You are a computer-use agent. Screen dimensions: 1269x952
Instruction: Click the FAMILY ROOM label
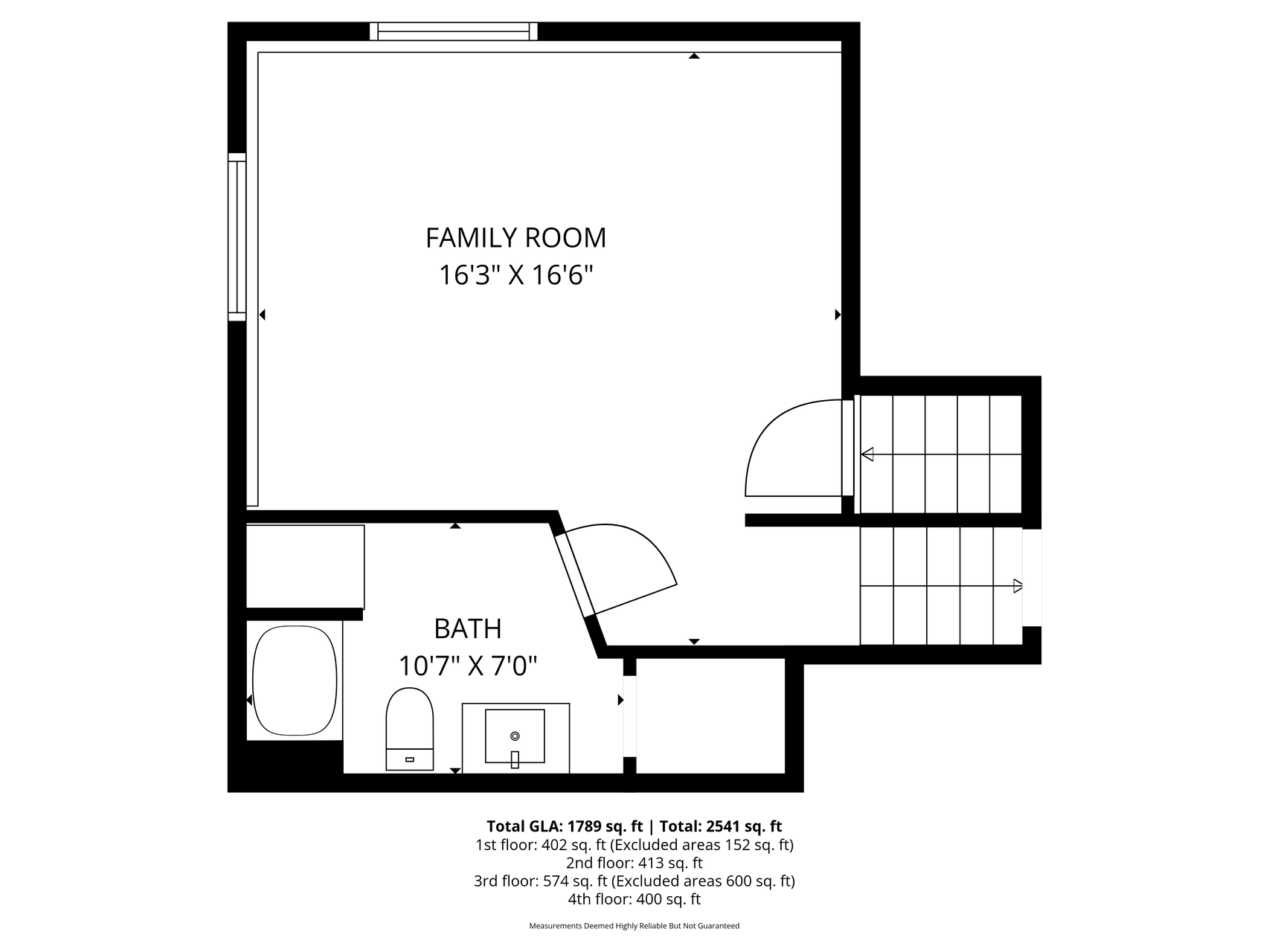pos(515,238)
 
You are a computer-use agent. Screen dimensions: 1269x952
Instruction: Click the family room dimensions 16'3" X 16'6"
pos(515,276)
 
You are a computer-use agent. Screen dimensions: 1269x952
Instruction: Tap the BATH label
pos(468,629)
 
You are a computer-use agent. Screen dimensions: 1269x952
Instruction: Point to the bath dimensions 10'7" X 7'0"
pos(468,666)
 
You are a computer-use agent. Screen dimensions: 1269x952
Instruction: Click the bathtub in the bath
pos(295,681)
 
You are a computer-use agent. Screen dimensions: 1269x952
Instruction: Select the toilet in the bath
pos(409,729)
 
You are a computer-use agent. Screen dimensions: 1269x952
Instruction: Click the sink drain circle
pos(515,736)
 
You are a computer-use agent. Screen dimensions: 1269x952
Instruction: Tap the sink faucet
pos(515,759)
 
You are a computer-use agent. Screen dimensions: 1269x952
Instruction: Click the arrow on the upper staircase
pos(941,454)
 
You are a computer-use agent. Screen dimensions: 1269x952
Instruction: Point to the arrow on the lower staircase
pos(942,586)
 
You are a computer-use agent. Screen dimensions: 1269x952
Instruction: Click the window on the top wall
pos(454,31)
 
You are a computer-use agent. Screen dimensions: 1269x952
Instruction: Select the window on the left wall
pos(237,237)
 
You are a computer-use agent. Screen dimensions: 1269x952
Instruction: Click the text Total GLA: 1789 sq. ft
pos(565,826)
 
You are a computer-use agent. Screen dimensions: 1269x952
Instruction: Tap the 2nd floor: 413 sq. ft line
pos(634,863)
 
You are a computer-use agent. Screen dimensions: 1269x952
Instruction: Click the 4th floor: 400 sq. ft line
pos(634,899)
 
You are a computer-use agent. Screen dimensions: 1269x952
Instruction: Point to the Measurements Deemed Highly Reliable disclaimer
pos(634,926)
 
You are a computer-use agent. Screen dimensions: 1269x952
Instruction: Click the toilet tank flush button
pos(409,759)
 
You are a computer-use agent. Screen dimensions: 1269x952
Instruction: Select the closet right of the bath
pos(710,715)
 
